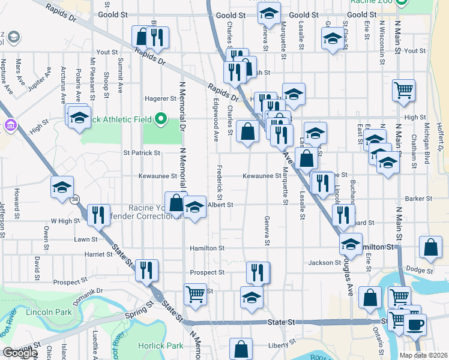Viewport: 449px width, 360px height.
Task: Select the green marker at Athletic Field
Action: pyautogui.click(x=160, y=118)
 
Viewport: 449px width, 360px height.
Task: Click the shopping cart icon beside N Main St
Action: pyautogui.click(x=403, y=90)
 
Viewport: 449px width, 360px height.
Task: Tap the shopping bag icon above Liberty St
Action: pyautogui.click(x=241, y=349)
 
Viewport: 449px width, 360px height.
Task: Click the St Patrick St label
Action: pyautogui.click(x=142, y=152)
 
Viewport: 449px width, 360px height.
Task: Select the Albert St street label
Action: pyautogui.click(x=220, y=205)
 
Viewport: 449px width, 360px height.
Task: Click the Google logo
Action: pyautogui.click(x=20, y=353)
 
